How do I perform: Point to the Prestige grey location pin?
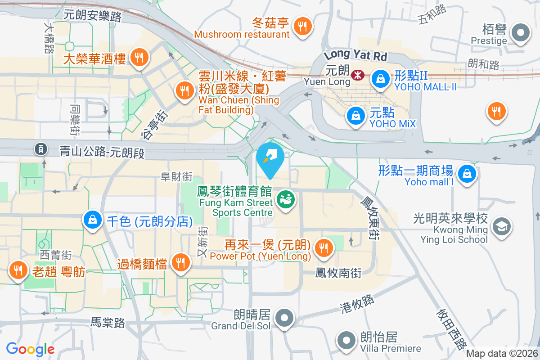pyautogui.click(x=521, y=33)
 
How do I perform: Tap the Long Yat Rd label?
pyautogui.click(x=355, y=56)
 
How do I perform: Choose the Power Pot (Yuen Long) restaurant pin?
pyautogui.click(x=323, y=247)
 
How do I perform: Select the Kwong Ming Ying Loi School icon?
pyautogui.click(x=501, y=226)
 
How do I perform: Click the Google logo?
pyautogui.click(x=31, y=349)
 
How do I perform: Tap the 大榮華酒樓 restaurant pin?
pyautogui.click(x=139, y=57)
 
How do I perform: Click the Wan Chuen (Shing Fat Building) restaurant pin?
pyautogui.click(x=184, y=90)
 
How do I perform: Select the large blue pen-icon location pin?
pyautogui.click(x=270, y=157)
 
